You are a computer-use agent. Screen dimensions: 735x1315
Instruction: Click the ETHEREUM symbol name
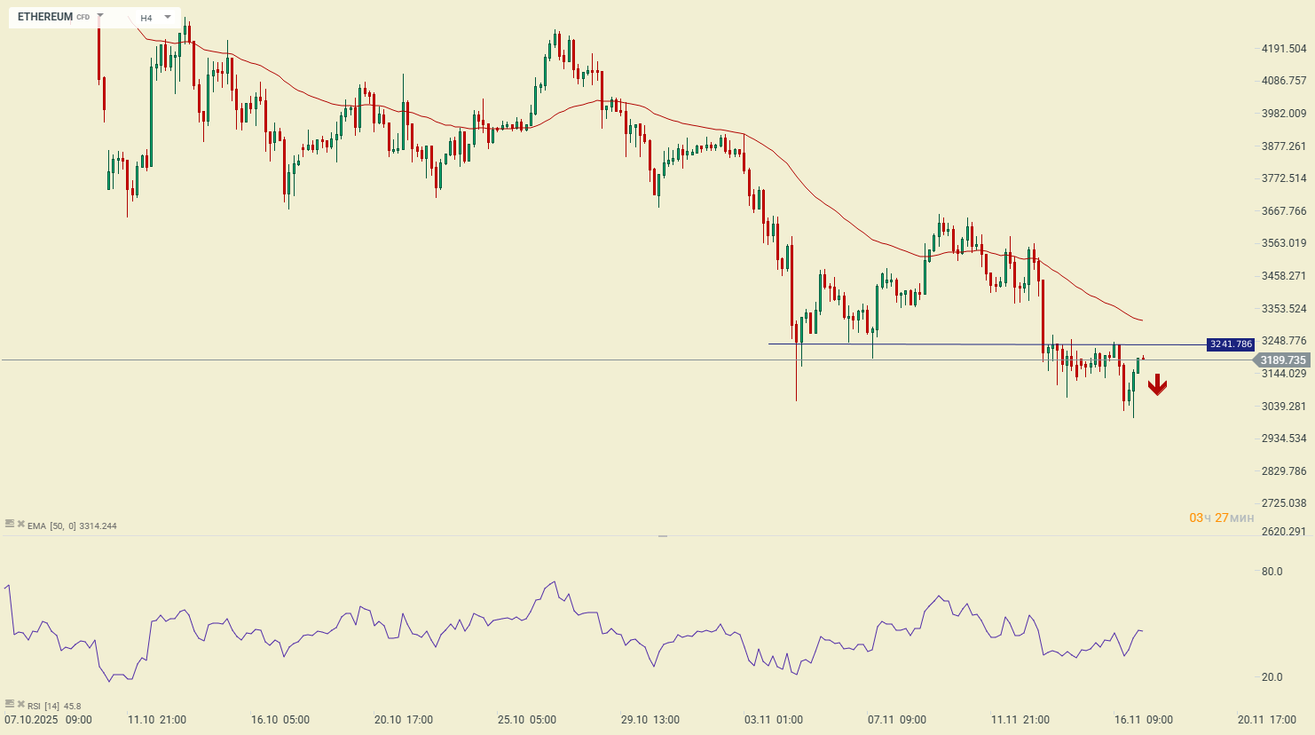45,17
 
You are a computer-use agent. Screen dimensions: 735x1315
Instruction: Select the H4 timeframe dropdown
155,18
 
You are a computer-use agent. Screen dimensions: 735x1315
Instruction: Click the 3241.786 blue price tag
1231,344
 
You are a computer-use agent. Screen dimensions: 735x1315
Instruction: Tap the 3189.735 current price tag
1283,360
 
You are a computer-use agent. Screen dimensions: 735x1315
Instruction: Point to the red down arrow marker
1157,385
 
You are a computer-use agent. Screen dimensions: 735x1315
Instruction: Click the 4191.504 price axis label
1284,49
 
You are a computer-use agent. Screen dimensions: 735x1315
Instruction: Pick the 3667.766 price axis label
1284,211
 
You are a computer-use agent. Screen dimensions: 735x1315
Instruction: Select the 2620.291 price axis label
1284,532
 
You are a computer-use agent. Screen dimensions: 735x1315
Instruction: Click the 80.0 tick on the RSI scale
1272,572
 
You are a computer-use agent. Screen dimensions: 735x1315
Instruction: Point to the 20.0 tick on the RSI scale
1272,677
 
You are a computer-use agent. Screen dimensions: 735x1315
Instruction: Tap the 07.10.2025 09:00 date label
48,720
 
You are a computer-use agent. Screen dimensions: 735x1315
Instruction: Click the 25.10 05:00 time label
527,720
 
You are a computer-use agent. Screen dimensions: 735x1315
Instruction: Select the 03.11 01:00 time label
774,720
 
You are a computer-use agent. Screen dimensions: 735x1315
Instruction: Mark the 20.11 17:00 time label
1267,720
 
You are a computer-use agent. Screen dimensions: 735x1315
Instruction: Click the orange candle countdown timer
1222,518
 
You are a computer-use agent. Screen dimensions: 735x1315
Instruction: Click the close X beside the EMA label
20,525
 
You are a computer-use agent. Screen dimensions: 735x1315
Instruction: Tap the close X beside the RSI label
20,705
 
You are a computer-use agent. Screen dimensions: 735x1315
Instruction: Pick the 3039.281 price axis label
1284,407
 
